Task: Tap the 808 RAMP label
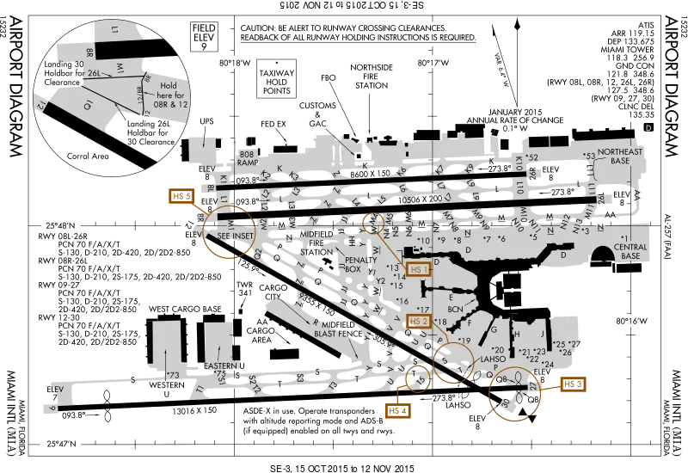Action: point(249,157)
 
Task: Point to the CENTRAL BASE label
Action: point(630,252)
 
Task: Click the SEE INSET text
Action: point(235,235)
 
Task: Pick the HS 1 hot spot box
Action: point(419,269)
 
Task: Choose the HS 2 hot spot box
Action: point(418,322)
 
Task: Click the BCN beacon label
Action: point(456,307)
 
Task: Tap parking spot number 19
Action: point(464,341)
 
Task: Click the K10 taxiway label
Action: point(519,163)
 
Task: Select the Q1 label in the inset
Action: point(88,105)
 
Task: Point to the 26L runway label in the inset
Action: point(94,75)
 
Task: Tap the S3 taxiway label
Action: point(300,378)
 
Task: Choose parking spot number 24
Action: point(548,365)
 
